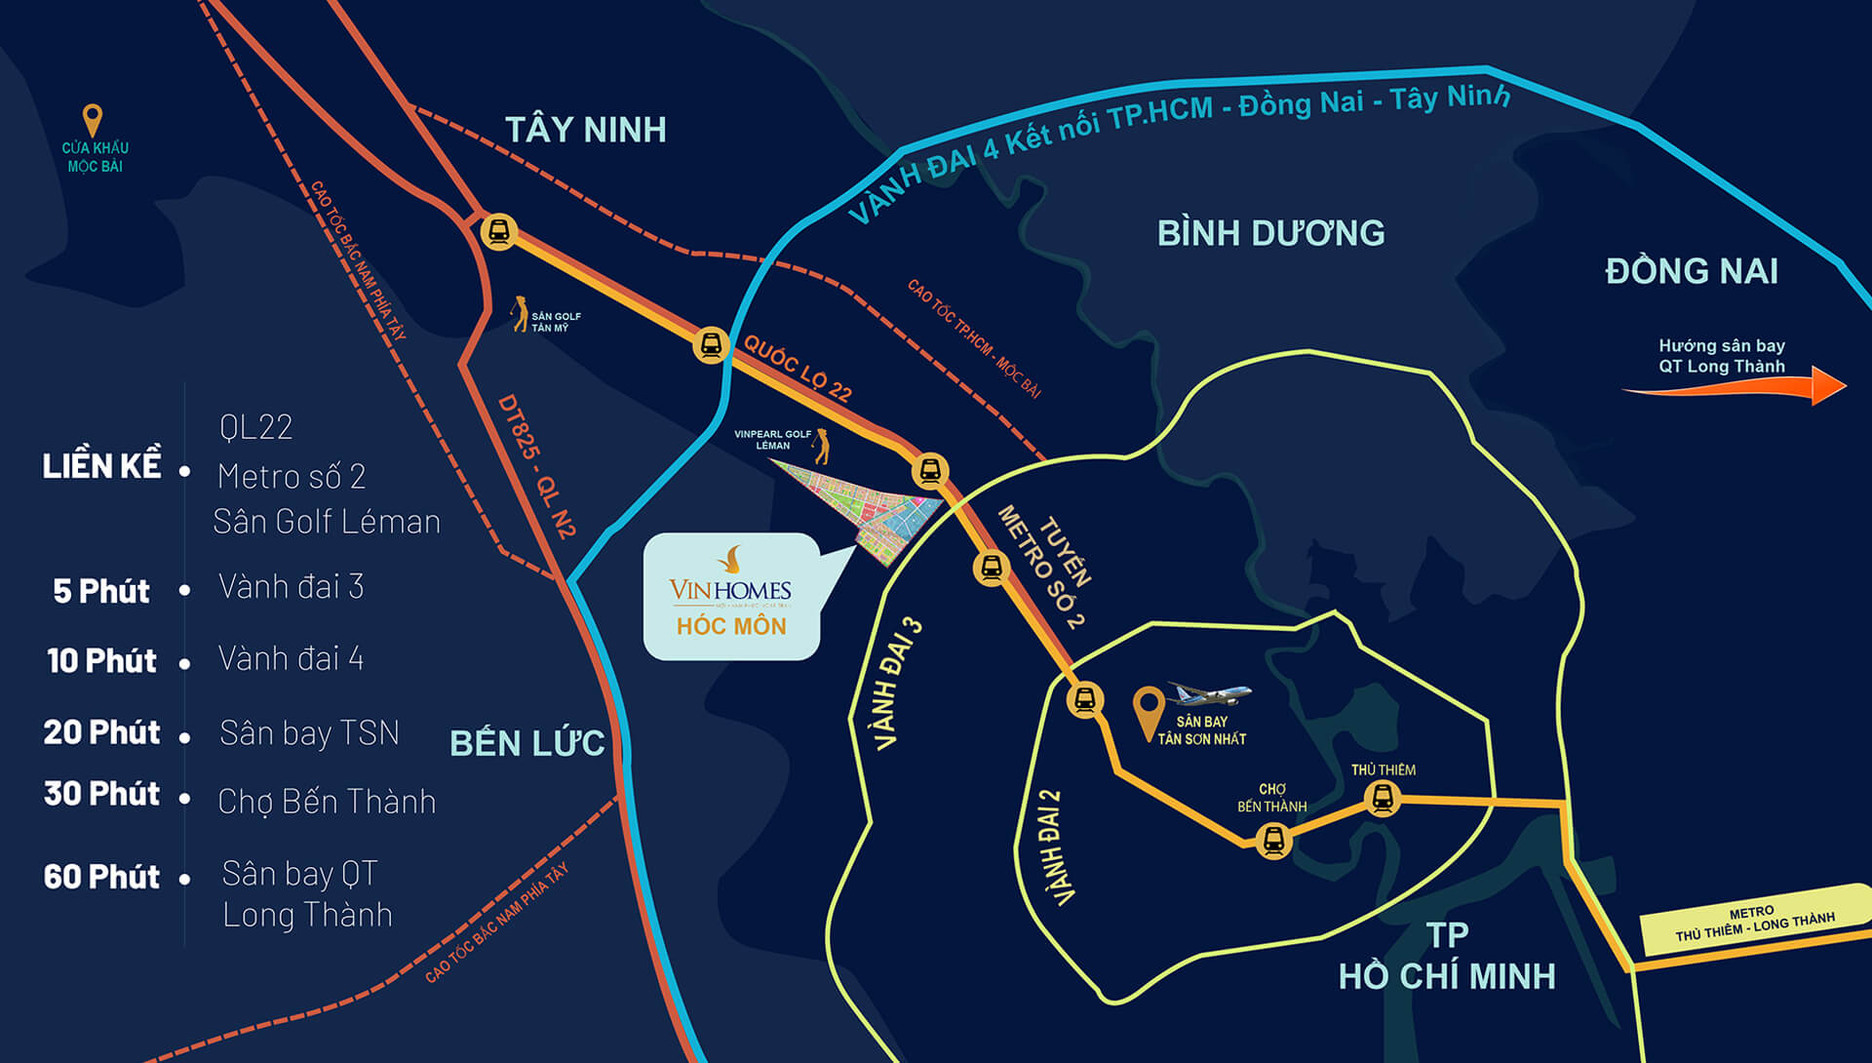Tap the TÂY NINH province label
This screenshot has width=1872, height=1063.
585,130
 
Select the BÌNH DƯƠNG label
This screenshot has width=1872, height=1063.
1270,233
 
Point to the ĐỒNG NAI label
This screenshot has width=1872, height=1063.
1692,271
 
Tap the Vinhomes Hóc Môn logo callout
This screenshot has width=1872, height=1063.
731,597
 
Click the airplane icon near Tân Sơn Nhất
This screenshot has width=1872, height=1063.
1209,694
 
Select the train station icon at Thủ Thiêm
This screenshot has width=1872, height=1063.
1382,799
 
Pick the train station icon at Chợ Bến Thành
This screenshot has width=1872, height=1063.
1272,840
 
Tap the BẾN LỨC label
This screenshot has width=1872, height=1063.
526,743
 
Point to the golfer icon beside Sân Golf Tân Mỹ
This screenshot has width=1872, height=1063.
519,313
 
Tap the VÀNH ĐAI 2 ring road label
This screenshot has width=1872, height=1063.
1051,846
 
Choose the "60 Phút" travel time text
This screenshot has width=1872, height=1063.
101,877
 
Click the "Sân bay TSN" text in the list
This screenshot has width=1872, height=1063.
309,732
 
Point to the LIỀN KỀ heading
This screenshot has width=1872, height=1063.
101,466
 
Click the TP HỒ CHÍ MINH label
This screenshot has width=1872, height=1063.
1447,957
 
